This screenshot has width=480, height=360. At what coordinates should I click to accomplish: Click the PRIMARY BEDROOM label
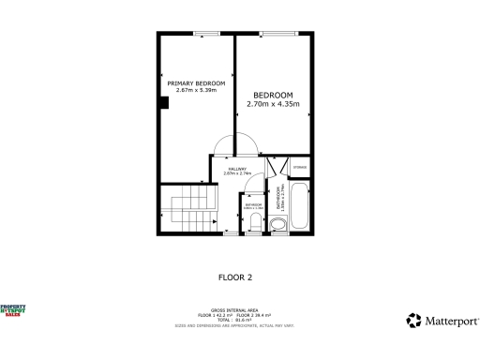tap(196, 83)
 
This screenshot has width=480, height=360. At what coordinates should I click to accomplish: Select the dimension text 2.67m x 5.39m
tap(196, 91)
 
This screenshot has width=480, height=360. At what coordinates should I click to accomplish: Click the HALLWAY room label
tap(237, 169)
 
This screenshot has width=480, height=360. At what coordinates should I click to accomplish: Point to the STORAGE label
tap(300, 168)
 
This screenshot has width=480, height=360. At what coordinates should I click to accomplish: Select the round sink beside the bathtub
tap(277, 225)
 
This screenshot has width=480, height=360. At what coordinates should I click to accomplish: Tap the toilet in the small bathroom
tap(256, 221)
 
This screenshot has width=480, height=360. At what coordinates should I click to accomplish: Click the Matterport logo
tap(440, 321)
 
